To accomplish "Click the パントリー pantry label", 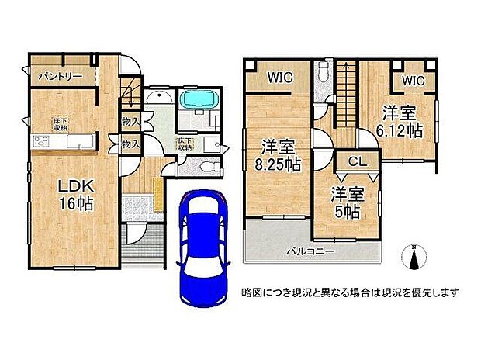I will pos(58,77).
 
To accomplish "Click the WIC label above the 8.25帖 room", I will pos(280,78).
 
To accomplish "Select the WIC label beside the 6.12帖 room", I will pos(414,80).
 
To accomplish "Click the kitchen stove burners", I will pos(41,140).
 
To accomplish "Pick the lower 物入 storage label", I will pos(131,144).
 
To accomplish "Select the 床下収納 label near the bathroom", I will pos(185,144).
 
